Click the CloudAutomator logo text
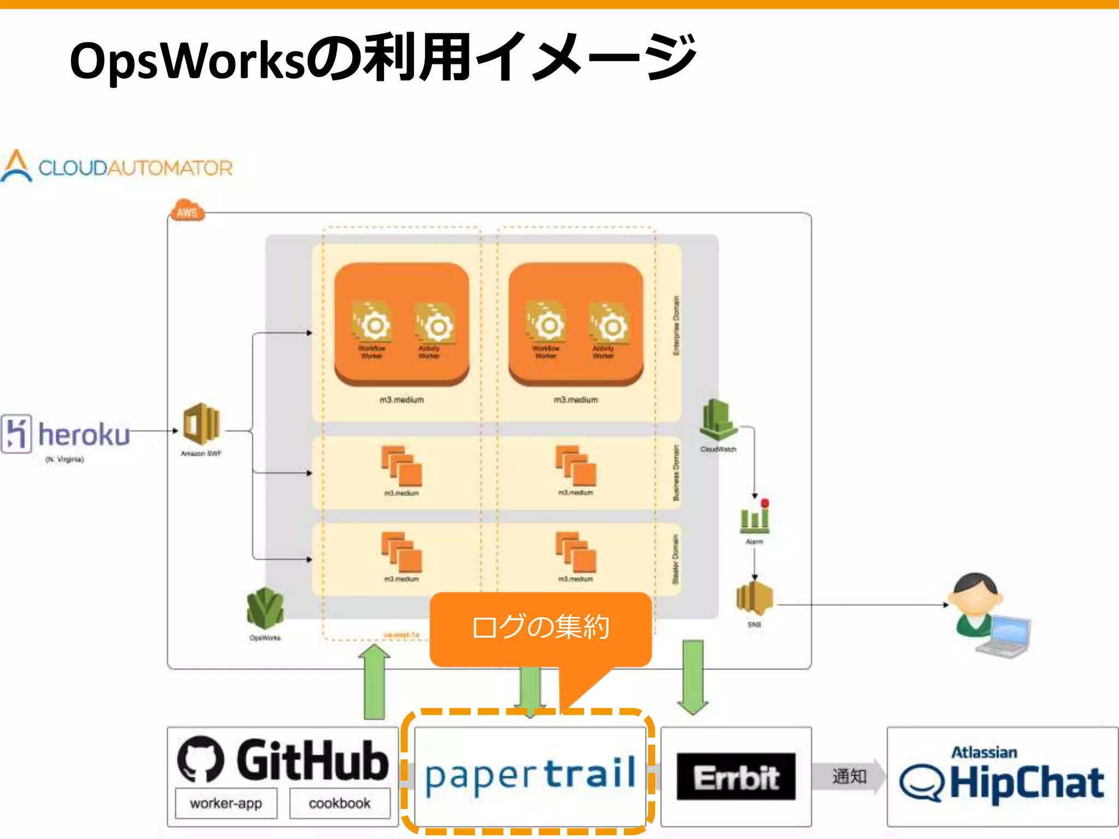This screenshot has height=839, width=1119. pyautogui.click(x=135, y=168)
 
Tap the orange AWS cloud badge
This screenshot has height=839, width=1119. pyautogui.click(x=187, y=211)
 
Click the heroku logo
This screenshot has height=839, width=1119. pyautogui.click(x=66, y=434)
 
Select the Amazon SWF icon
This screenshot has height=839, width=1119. pyautogui.click(x=201, y=424)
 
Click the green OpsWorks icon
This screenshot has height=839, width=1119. pyautogui.click(x=265, y=608)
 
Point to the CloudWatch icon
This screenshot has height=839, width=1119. pyautogui.click(x=718, y=419)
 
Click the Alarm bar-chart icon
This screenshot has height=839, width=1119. pyautogui.click(x=755, y=516)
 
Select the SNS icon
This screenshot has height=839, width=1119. pyautogui.click(x=755, y=598)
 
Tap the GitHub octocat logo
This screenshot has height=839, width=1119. pyautogui.click(x=201, y=759)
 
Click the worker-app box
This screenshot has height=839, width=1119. pyautogui.click(x=226, y=803)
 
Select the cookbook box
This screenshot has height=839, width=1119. pyautogui.click(x=339, y=803)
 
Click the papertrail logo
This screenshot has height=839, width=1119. pyautogui.click(x=530, y=775)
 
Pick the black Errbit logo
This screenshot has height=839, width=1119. pyautogui.click(x=736, y=777)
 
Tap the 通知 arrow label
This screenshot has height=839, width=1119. pyautogui.click(x=849, y=776)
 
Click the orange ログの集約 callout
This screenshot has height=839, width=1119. pyautogui.click(x=540, y=627)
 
